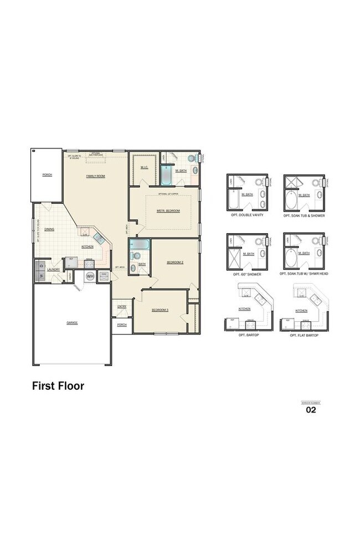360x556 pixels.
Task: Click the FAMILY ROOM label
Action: (95, 176)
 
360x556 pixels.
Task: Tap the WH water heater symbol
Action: (90, 275)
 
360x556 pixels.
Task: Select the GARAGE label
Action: (72, 322)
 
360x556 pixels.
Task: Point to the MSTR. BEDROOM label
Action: (168, 211)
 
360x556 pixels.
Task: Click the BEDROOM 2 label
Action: (174, 262)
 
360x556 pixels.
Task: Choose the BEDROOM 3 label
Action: (160, 310)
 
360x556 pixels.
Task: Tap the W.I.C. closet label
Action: (143, 167)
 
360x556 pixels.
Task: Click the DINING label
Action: (49, 229)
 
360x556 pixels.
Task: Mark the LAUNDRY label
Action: (54, 269)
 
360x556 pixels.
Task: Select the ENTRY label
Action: (121, 306)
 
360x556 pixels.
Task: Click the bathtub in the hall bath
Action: (138, 244)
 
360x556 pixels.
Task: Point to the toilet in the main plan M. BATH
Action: (192, 158)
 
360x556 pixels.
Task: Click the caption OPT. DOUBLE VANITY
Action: (248, 215)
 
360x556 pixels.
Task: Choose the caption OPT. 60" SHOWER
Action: (248, 274)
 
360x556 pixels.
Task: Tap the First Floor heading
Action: (58, 385)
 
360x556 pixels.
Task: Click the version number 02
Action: (311, 410)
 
